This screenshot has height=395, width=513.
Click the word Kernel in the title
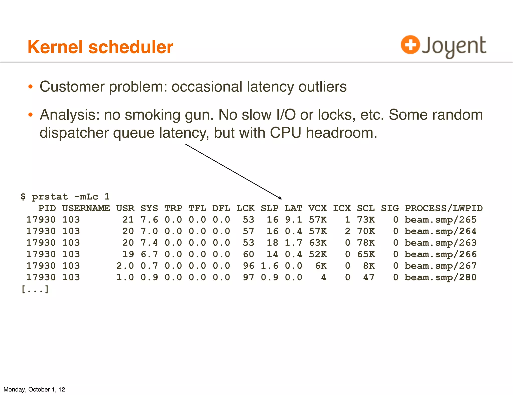pos(55,47)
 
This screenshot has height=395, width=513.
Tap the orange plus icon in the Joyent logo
pos(410,45)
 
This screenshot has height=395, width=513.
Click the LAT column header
pos(293,208)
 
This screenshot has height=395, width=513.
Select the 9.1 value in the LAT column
pos(293,220)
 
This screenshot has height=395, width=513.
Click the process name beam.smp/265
pos(440,220)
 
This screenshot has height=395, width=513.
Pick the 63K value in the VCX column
pos(318,243)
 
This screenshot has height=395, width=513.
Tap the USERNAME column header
pos(86,208)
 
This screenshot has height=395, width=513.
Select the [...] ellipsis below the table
pos(35,289)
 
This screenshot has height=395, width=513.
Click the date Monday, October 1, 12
pos(34,389)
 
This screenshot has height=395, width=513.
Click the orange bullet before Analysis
pos(31,115)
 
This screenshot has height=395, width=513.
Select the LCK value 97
pos(248,277)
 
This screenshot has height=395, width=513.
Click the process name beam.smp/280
pos(440,277)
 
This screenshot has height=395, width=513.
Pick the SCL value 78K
pos(366,243)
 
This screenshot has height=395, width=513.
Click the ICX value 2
pos(347,231)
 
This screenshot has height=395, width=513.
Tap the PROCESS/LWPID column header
pos(444,208)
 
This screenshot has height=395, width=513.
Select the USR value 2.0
pos(125,266)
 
